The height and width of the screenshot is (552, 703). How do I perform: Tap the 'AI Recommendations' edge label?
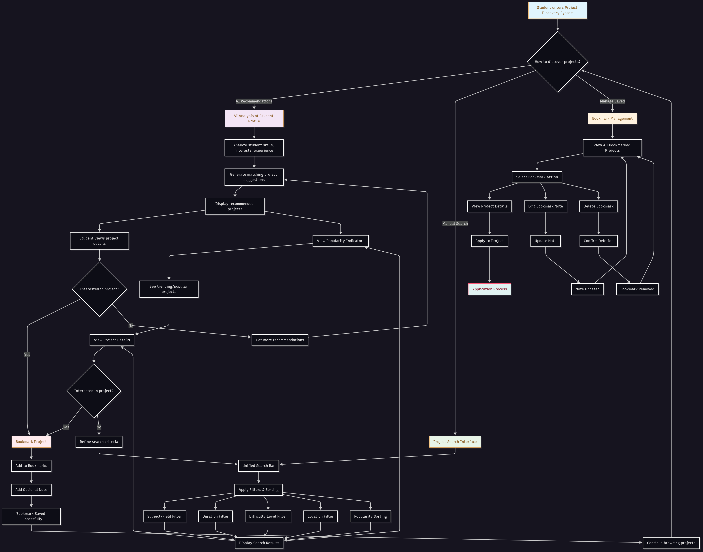click(x=254, y=101)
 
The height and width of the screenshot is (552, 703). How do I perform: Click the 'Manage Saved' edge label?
click(x=612, y=101)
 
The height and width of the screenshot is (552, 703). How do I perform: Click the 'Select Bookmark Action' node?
click(x=537, y=177)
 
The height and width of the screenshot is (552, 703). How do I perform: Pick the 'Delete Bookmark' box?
click(x=598, y=206)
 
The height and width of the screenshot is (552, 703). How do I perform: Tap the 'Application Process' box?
click(x=489, y=289)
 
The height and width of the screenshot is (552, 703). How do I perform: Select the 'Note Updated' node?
click(x=587, y=289)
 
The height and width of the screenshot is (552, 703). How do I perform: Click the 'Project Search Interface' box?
click(x=455, y=442)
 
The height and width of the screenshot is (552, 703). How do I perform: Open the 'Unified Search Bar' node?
click(x=258, y=466)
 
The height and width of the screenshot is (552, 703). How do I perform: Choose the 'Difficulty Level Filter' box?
click(x=268, y=517)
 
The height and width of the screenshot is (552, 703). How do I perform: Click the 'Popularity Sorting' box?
click(x=370, y=517)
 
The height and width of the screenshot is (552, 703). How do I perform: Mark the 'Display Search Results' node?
click(x=259, y=543)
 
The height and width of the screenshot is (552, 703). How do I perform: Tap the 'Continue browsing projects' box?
click(x=671, y=543)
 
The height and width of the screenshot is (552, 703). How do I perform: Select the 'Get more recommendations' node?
click(x=280, y=340)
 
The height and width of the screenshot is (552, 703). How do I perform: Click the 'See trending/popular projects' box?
click(x=169, y=289)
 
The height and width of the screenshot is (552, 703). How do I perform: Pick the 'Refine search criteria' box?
click(x=99, y=442)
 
